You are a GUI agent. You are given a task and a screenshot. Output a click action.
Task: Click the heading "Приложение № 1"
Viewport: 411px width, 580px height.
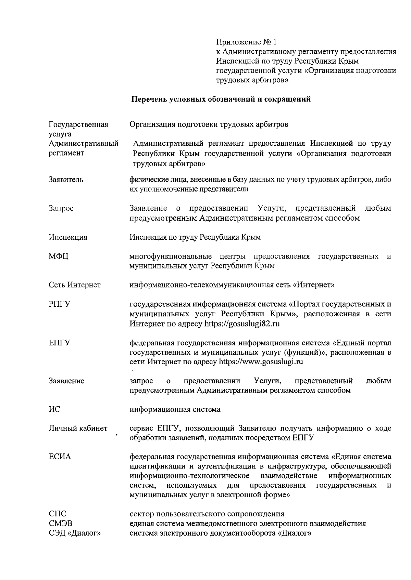246,42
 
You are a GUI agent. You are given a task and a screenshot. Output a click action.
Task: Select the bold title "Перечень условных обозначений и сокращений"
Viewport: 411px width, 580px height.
221,100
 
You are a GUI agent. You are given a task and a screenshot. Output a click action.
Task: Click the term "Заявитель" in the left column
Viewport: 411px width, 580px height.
66,180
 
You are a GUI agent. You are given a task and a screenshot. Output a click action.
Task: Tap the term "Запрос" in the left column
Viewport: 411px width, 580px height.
61,208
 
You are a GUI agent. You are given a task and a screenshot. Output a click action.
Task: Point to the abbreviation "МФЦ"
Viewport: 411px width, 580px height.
59,256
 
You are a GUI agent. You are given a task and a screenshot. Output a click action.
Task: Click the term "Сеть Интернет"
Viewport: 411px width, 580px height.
74,285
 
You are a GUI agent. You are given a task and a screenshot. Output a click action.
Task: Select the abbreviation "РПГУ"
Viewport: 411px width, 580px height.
60,304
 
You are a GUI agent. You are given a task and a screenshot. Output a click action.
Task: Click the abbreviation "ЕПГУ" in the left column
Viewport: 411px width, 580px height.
60,343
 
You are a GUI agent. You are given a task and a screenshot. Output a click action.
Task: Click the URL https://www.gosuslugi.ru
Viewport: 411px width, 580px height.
261,362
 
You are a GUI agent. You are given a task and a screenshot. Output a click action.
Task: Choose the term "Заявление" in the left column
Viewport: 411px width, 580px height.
66,381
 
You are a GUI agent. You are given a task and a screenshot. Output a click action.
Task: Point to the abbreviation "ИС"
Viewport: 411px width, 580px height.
54,409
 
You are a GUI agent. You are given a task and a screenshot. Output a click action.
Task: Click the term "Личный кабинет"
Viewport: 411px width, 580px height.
78,429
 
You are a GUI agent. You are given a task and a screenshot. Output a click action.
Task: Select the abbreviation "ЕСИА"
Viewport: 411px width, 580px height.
60,457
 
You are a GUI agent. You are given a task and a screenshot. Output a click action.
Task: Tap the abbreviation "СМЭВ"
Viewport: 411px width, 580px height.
61,524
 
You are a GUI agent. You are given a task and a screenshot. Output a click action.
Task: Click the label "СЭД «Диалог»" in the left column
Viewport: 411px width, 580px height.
74,533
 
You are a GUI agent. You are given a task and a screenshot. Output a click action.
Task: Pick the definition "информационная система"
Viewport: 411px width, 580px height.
175,409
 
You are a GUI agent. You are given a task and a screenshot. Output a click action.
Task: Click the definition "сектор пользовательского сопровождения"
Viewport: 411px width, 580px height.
207,514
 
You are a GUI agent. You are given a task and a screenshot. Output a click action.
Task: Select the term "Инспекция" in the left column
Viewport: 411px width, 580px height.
68,237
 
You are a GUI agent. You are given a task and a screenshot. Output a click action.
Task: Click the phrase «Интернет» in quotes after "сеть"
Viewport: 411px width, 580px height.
313,285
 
